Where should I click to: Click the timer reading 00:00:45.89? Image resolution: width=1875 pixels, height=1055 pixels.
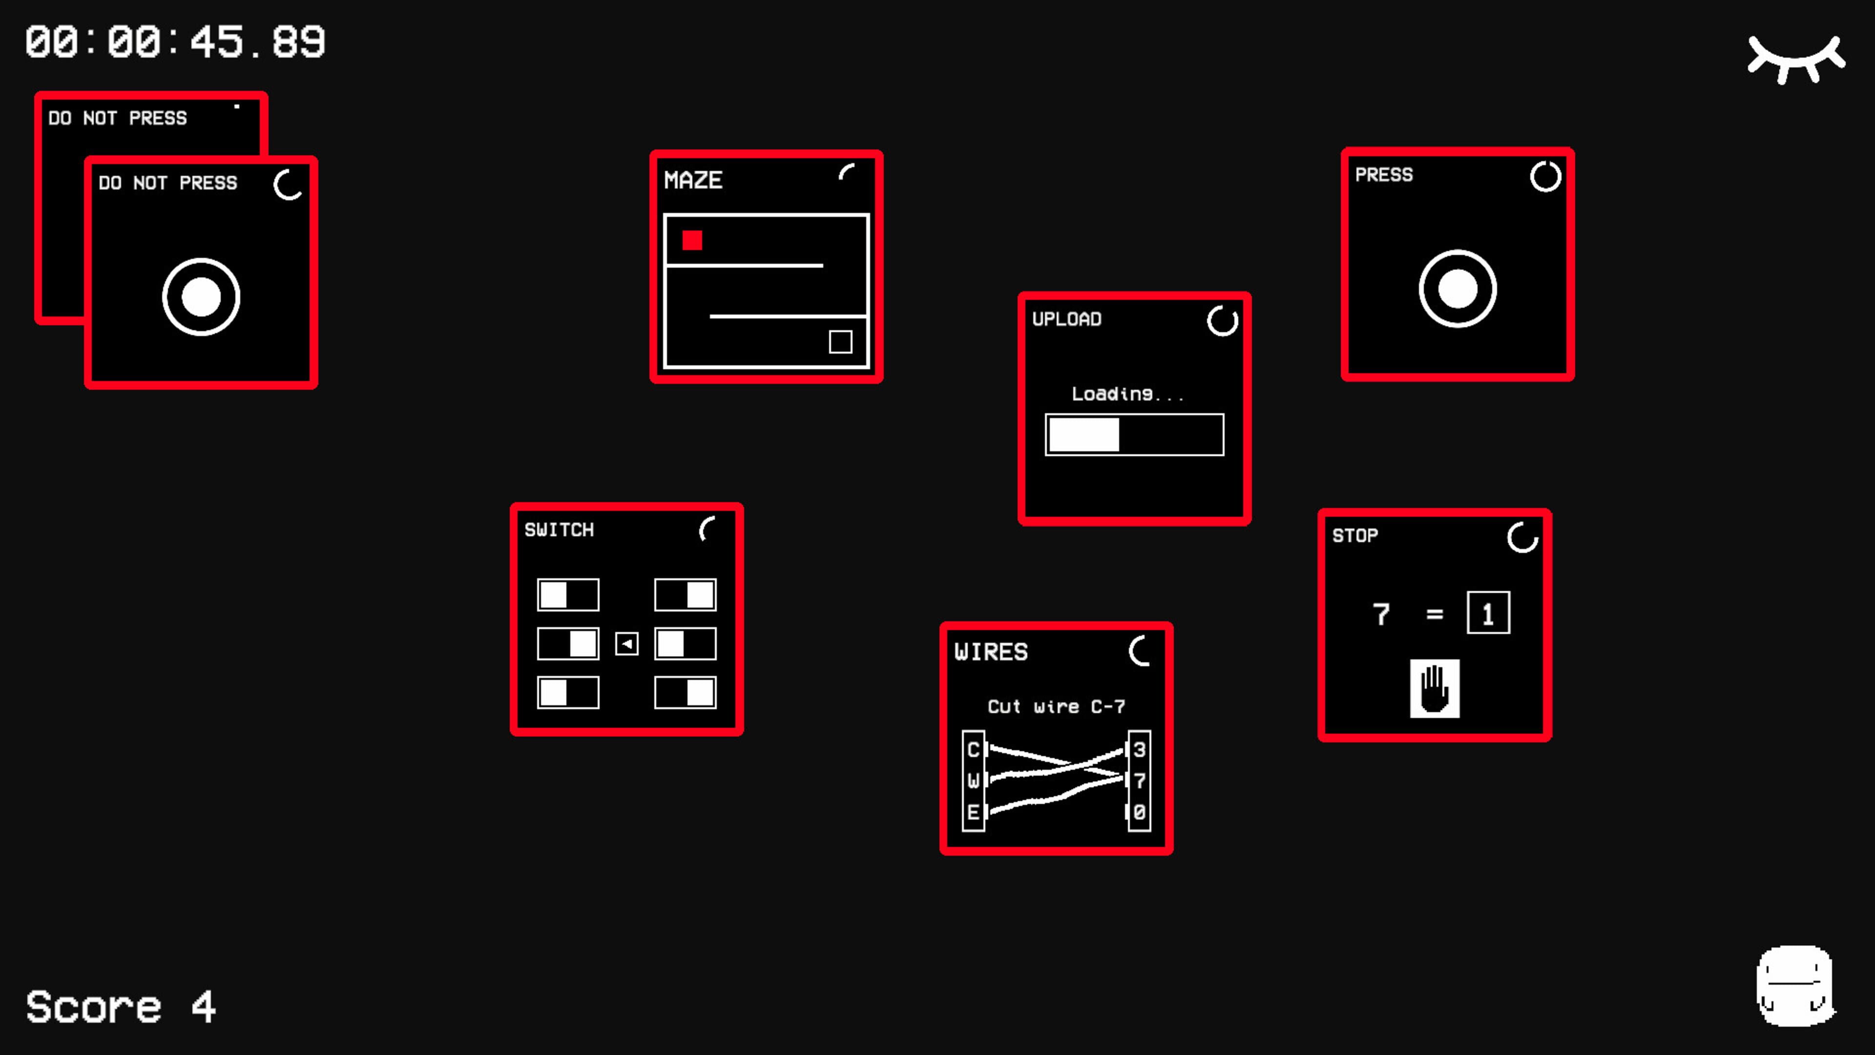pyautogui.click(x=175, y=42)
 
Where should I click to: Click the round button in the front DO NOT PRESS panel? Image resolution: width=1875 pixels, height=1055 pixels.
pyautogui.click(x=201, y=297)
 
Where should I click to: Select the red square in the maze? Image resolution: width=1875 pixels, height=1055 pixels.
pyautogui.click(x=692, y=240)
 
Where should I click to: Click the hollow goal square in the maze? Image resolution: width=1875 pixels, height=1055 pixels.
pyautogui.click(x=841, y=341)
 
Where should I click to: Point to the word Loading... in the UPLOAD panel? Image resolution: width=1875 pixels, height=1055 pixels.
pyautogui.click(x=1127, y=394)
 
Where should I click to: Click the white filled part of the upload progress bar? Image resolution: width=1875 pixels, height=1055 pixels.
pyautogui.click(x=1084, y=435)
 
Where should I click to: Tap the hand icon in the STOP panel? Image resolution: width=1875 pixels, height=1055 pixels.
pyautogui.click(x=1435, y=689)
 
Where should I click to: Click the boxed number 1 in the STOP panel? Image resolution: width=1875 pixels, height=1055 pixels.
pyautogui.click(x=1488, y=613)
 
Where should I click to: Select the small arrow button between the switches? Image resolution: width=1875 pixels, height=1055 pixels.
pyautogui.click(x=626, y=644)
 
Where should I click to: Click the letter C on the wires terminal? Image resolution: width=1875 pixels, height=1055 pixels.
pyautogui.click(x=973, y=750)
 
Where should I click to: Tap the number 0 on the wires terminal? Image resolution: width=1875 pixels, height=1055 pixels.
pyautogui.click(x=1140, y=812)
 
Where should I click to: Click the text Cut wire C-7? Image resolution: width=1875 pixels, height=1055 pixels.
pyautogui.click(x=1056, y=706)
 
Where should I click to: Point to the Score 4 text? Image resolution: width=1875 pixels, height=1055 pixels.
pyautogui.click(x=121, y=1007)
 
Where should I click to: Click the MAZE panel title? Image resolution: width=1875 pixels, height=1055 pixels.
pyautogui.click(x=693, y=180)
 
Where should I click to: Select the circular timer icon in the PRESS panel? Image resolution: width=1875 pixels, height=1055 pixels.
pyautogui.click(x=1545, y=176)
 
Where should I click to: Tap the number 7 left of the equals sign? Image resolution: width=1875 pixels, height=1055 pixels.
pyautogui.click(x=1381, y=614)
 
